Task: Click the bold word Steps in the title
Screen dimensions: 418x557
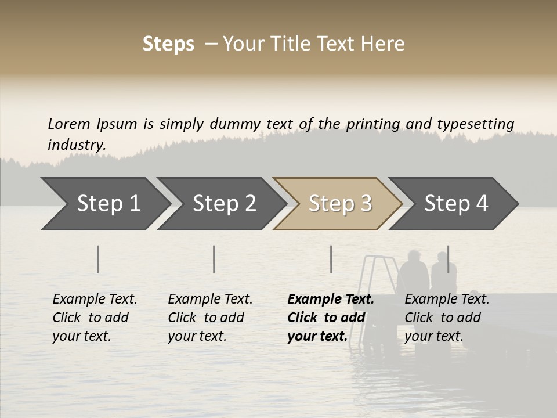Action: pyautogui.click(x=168, y=44)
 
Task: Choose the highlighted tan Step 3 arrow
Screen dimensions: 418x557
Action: pyautogui.click(x=340, y=204)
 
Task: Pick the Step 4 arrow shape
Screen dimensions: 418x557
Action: pyautogui.click(x=456, y=204)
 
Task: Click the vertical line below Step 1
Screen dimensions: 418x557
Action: pyautogui.click(x=98, y=259)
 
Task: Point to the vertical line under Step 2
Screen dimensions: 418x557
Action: pyautogui.click(x=214, y=259)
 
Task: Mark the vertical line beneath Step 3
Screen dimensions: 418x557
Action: pyautogui.click(x=331, y=259)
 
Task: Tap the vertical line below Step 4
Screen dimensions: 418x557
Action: pyautogui.click(x=448, y=259)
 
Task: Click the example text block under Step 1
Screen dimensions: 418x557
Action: pyautogui.click(x=95, y=318)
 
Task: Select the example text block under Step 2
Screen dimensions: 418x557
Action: pyautogui.click(x=210, y=318)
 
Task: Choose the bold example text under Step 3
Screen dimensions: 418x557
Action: pyautogui.click(x=331, y=318)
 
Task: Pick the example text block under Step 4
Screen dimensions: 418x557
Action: pyautogui.click(x=447, y=318)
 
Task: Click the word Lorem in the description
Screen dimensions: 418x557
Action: pyautogui.click(x=69, y=124)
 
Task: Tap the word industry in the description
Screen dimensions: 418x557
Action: pyautogui.click(x=77, y=145)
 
